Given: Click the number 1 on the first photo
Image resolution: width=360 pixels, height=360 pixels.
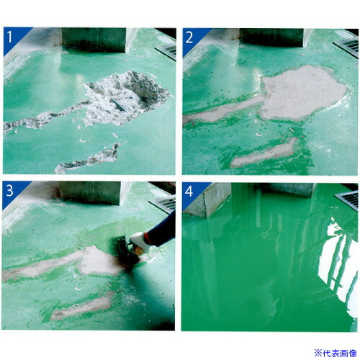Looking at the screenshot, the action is click(9, 37).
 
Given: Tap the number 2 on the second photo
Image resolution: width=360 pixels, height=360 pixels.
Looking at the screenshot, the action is click(189, 37).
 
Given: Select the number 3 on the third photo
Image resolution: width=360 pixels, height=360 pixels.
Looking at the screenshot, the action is click(9, 191).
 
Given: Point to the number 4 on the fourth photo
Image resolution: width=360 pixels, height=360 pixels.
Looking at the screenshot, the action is click(189, 192).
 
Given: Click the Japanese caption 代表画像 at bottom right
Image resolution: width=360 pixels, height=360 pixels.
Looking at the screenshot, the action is click(340, 354).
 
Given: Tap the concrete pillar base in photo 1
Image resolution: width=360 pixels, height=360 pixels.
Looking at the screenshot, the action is click(94, 40).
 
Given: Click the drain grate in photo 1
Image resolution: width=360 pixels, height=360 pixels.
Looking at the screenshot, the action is click(166, 51).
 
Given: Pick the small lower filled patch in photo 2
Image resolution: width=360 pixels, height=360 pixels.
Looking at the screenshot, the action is click(264, 153).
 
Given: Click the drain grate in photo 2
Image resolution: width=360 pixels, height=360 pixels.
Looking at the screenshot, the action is click(346, 48).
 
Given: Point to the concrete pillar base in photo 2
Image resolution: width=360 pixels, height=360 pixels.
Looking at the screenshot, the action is click(272, 37).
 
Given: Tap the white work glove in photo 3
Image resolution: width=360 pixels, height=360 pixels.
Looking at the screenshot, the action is click(139, 242).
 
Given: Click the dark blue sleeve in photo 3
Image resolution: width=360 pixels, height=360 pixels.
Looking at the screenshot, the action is click(161, 230).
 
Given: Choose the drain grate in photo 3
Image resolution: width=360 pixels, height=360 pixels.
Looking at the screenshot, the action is click(163, 203).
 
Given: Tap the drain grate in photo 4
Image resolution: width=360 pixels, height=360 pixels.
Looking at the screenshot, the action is click(347, 199).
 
